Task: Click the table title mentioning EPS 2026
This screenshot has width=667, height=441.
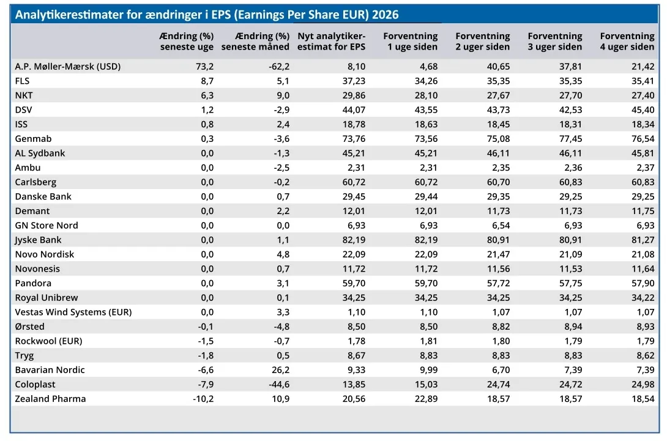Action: pos(207,15)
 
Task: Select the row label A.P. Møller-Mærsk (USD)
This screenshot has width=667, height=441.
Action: pos(68,66)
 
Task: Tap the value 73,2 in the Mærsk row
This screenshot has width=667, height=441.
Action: pos(204,66)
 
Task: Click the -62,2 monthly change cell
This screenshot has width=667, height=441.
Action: pos(279,66)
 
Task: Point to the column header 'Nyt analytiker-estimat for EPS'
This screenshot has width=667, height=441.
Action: pos(332,41)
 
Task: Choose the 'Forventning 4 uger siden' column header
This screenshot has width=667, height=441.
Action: pos(627,41)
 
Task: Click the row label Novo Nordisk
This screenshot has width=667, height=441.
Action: pos(44,254)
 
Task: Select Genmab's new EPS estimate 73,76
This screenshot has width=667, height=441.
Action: pos(354,139)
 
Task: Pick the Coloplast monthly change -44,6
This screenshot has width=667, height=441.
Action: pos(279,385)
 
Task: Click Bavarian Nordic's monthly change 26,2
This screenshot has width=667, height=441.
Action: pos(281,370)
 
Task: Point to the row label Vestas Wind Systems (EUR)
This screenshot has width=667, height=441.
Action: pos(73,312)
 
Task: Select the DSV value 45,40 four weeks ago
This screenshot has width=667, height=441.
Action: pos(643,109)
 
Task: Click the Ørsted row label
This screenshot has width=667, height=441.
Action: pos(29,327)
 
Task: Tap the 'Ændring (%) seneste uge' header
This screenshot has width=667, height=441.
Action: pos(186,41)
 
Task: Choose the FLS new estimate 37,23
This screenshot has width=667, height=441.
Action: pos(354,81)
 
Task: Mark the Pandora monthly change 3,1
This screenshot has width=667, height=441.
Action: pos(283,283)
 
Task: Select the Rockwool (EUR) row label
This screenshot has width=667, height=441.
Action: pos(48,341)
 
